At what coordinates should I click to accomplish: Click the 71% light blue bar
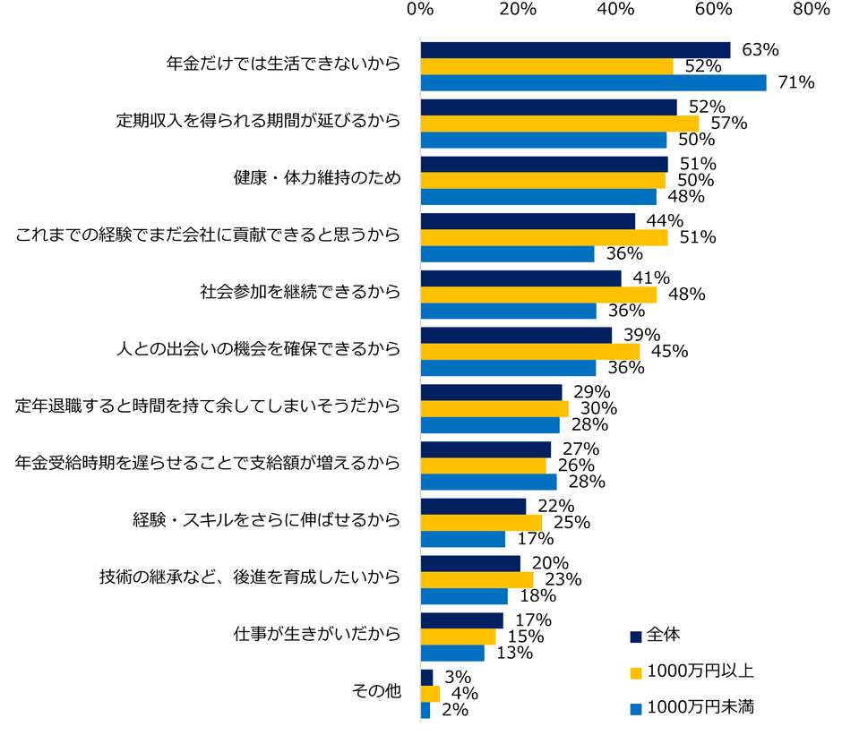(593, 82)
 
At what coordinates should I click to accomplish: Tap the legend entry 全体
(663, 635)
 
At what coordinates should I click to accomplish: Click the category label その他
(377, 692)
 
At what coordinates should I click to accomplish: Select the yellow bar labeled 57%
(559, 124)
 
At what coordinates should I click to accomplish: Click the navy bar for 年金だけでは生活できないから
(575, 50)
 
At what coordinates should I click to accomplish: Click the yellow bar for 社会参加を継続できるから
(538, 295)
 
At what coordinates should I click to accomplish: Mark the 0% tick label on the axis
(420, 10)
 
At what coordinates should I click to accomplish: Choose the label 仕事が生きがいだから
(315, 635)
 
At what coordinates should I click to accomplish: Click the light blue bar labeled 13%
(452, 654)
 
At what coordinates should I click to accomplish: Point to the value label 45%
(668, 352)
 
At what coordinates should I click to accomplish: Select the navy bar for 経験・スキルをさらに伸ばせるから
(473, 506)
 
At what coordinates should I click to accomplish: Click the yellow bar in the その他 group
(430, 693)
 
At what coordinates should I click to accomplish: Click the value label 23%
(563, 580)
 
